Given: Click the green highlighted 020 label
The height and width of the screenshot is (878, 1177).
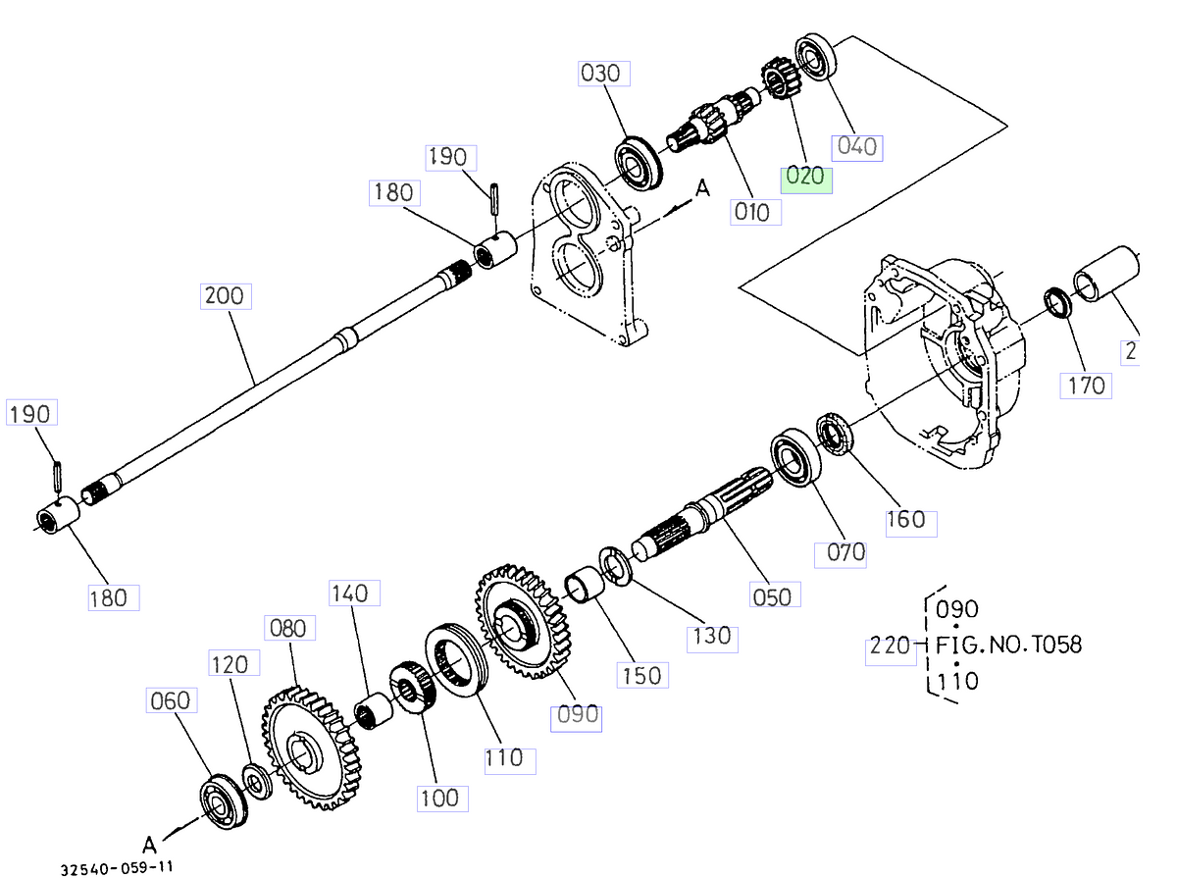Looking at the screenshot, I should click(x=805, y=179).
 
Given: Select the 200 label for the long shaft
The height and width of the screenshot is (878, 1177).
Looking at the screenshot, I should click(x=226, y=295).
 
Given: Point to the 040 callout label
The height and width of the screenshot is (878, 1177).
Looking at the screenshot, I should click(x=857, y=146).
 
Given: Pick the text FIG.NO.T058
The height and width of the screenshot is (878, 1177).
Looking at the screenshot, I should click(x=1008, y=645).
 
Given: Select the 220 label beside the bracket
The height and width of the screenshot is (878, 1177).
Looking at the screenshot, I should click(x=890, y=647).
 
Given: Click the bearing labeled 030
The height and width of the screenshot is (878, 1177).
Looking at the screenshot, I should click(x=640, y=160).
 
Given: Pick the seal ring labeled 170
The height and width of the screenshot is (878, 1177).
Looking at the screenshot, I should click(x=1057, y=301).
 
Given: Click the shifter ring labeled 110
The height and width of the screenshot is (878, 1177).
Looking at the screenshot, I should click(x=453, y=663).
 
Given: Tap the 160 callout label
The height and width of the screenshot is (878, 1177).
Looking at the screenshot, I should click(x=905, y=520).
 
